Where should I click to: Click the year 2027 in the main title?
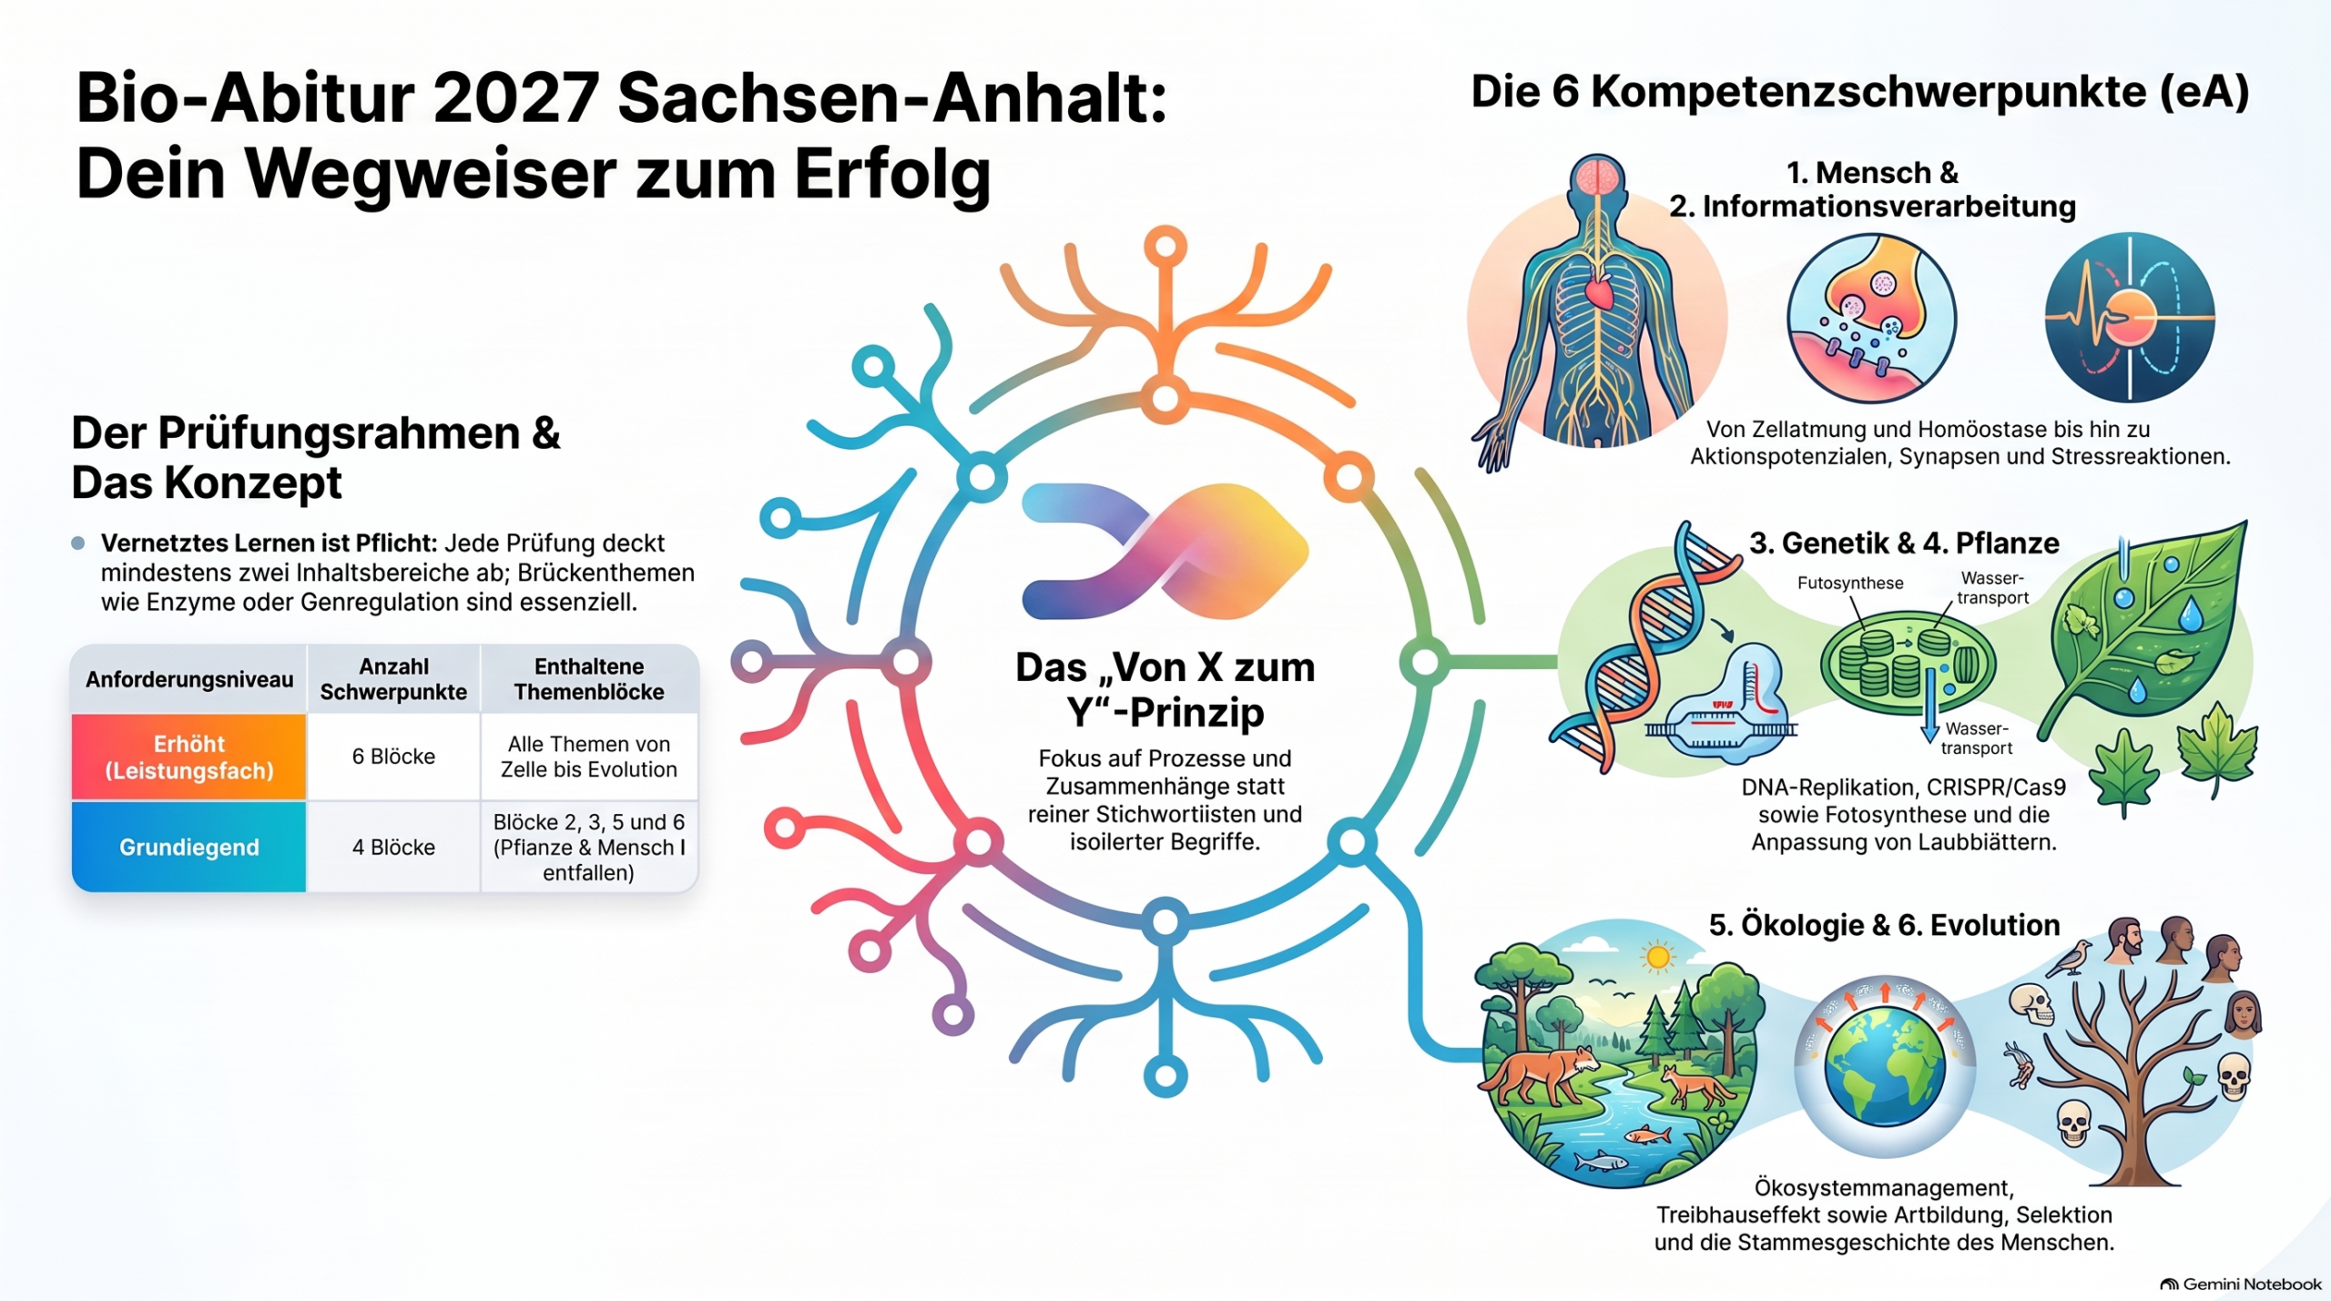[516, 97]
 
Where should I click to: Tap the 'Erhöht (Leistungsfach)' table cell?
[189, 757]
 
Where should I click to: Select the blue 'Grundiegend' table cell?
[189, 847]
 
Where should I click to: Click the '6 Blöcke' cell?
[393, 757]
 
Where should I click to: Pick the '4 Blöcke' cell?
[393, 847]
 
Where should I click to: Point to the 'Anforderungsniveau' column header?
[189, 679]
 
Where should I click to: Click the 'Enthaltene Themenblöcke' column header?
[589, 679]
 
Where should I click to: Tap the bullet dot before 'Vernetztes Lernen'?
[78, 544]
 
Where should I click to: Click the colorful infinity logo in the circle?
[1165, 551]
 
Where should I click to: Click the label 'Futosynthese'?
[1850, 583]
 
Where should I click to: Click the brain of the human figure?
[1597, 175]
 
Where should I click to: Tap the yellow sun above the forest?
[1657, 957]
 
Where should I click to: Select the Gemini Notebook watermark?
[2241, 1284]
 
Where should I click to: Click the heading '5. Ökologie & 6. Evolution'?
[1884, 925]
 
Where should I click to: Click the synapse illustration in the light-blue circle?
[1871, 318]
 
